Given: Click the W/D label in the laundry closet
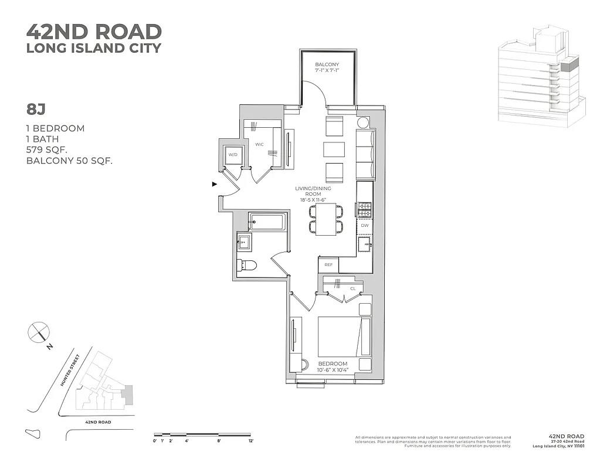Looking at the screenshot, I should tap(233, 155).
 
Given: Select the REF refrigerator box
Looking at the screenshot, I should tap(328, 265).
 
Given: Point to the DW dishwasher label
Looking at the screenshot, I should tap(364, 225).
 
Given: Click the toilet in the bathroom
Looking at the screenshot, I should tap(247, 266).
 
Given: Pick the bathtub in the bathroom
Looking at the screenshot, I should tap(267, 222).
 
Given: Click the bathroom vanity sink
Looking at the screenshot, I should tap(245, 241).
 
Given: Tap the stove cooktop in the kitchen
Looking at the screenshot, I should tap(364, 208).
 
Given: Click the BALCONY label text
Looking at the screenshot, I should tap(327, 64).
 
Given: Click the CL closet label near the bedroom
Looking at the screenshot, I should tap(353, 288).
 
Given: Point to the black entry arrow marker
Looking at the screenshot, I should tap(215, 184).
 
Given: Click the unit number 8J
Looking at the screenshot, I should tap(36, 109).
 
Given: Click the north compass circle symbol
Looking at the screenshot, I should tap(37, 332).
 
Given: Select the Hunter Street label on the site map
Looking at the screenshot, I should tap(73, 373).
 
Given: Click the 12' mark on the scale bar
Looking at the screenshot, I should tap(250, 440).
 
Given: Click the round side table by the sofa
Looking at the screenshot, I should tap(363, 123).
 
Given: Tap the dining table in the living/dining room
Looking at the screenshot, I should tap(326, 219).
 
